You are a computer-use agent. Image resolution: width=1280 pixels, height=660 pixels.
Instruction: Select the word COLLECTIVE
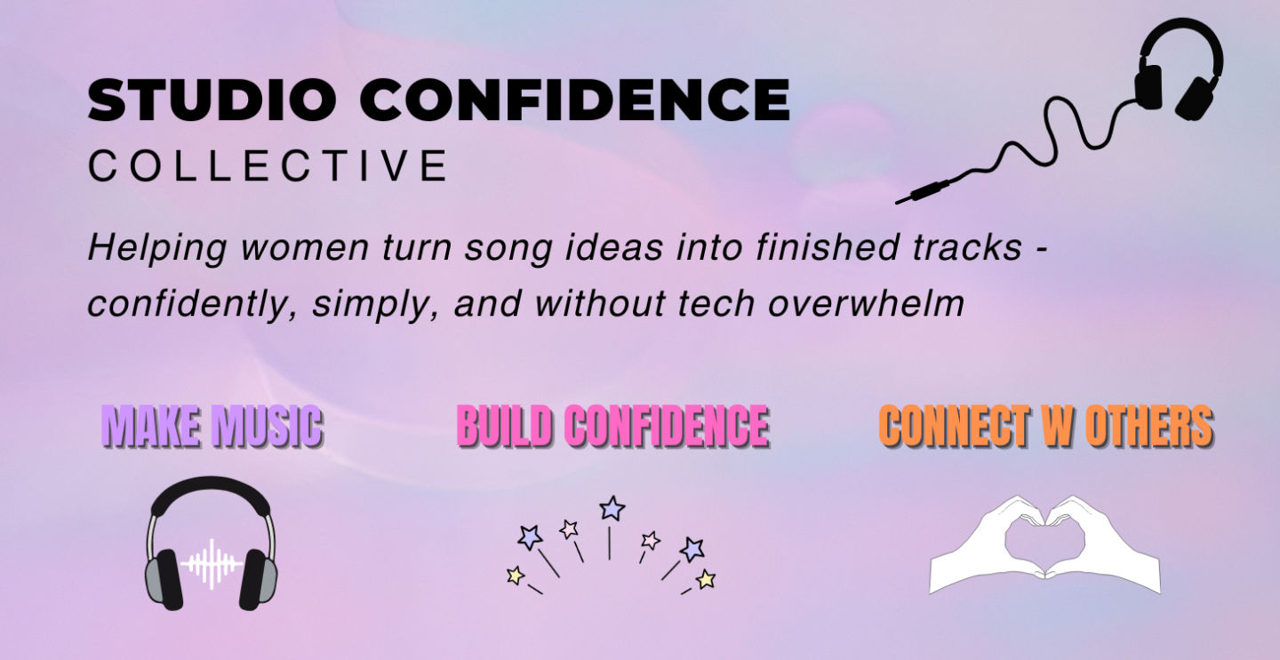tap(268, 165)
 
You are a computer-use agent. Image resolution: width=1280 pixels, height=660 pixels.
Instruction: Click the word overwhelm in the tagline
tap(867, 303)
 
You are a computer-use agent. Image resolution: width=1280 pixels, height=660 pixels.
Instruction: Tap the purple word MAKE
tap(151, 425)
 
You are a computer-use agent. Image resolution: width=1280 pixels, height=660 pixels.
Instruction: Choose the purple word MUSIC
tap(266, 425)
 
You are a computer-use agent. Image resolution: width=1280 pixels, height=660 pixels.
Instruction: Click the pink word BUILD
tap(505, 425)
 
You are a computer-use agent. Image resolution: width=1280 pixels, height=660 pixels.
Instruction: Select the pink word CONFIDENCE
tap(667, 425)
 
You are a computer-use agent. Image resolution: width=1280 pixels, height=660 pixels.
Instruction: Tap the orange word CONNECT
tap(955, 425)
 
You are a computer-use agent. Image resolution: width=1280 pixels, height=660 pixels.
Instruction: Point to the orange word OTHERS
tap(1149, 425)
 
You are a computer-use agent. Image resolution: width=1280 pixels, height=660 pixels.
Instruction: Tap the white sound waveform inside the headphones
tap(211, 564)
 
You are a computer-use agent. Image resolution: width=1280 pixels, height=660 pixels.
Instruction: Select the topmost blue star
tap(612, 508)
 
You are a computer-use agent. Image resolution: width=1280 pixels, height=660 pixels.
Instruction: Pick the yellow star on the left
tap(516, 575)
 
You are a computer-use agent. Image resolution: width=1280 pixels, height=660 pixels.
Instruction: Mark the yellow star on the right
tap(706, 579)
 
